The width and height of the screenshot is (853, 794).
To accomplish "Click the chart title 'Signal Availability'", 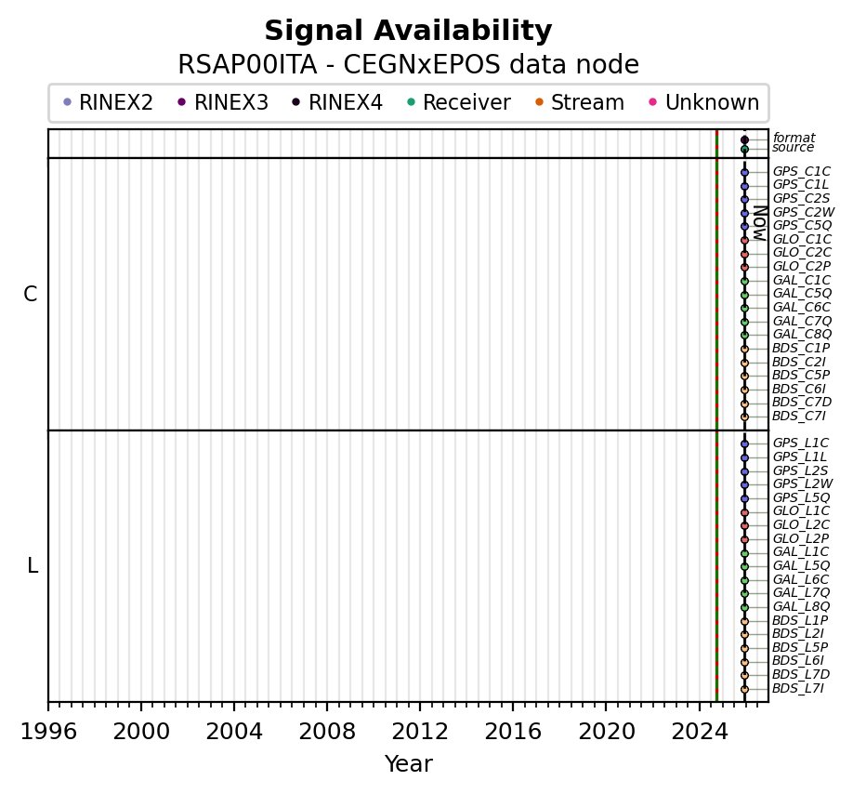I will pyautogui.click(x=408, y=32).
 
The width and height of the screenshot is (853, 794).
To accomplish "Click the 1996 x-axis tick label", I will pyautogui.click(x=48, y=731).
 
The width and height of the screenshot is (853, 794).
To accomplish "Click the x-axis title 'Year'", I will pyautogui.click(x=408, y=764).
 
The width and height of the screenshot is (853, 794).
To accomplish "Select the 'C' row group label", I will pyautogui.click(x=31, y=295).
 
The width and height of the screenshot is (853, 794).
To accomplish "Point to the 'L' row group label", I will pyautogui.click(x=33, y=566).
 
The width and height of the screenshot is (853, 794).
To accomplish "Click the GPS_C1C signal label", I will pyautogui.click(x=801, y=172).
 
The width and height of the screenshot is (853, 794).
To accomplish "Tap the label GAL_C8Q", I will pyautogui.click(x=802, y=335).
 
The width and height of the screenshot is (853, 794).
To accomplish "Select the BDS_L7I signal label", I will pyautogui.click(x=797, y=689).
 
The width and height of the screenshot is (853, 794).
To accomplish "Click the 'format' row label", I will pyautogui.click(x=794, y=139).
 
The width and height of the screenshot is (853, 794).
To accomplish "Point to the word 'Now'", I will pyautogui.click(x=759, y=223).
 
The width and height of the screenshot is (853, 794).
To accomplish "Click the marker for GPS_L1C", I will pyautogui.click(x=744, y=444).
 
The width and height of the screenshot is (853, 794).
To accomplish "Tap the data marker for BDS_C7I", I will pyautogui.click(x=744, y=417).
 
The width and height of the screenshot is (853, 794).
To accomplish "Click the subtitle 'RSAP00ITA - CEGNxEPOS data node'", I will pyautogui.click(x=408, y=65).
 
